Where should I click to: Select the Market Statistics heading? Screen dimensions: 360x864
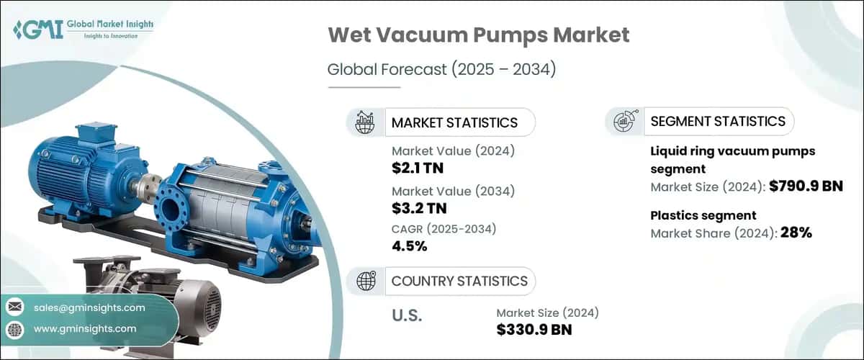454,122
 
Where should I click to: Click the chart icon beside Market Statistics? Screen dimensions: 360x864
365,122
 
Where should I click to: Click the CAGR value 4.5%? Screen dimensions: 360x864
410,246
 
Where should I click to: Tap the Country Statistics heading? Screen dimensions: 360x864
459,281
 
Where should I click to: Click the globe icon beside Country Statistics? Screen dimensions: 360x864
365,281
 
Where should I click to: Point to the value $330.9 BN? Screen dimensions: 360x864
535,330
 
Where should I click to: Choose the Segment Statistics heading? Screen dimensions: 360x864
718,121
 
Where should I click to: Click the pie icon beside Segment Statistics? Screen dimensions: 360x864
624,122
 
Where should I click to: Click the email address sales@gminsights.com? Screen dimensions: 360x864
89,307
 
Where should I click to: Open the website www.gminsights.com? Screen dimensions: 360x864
85,328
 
